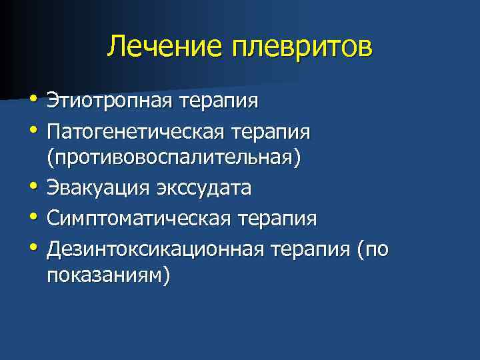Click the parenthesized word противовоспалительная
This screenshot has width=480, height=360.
click(174, 159)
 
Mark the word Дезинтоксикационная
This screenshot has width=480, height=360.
click(155, 247)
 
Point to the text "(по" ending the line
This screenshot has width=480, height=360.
click(372, 247)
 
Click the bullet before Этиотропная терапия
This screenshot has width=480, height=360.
click(34, 100)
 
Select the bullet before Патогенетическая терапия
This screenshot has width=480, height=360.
click(34, 129)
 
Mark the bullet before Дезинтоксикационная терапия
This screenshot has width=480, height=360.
click(34, 245)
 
